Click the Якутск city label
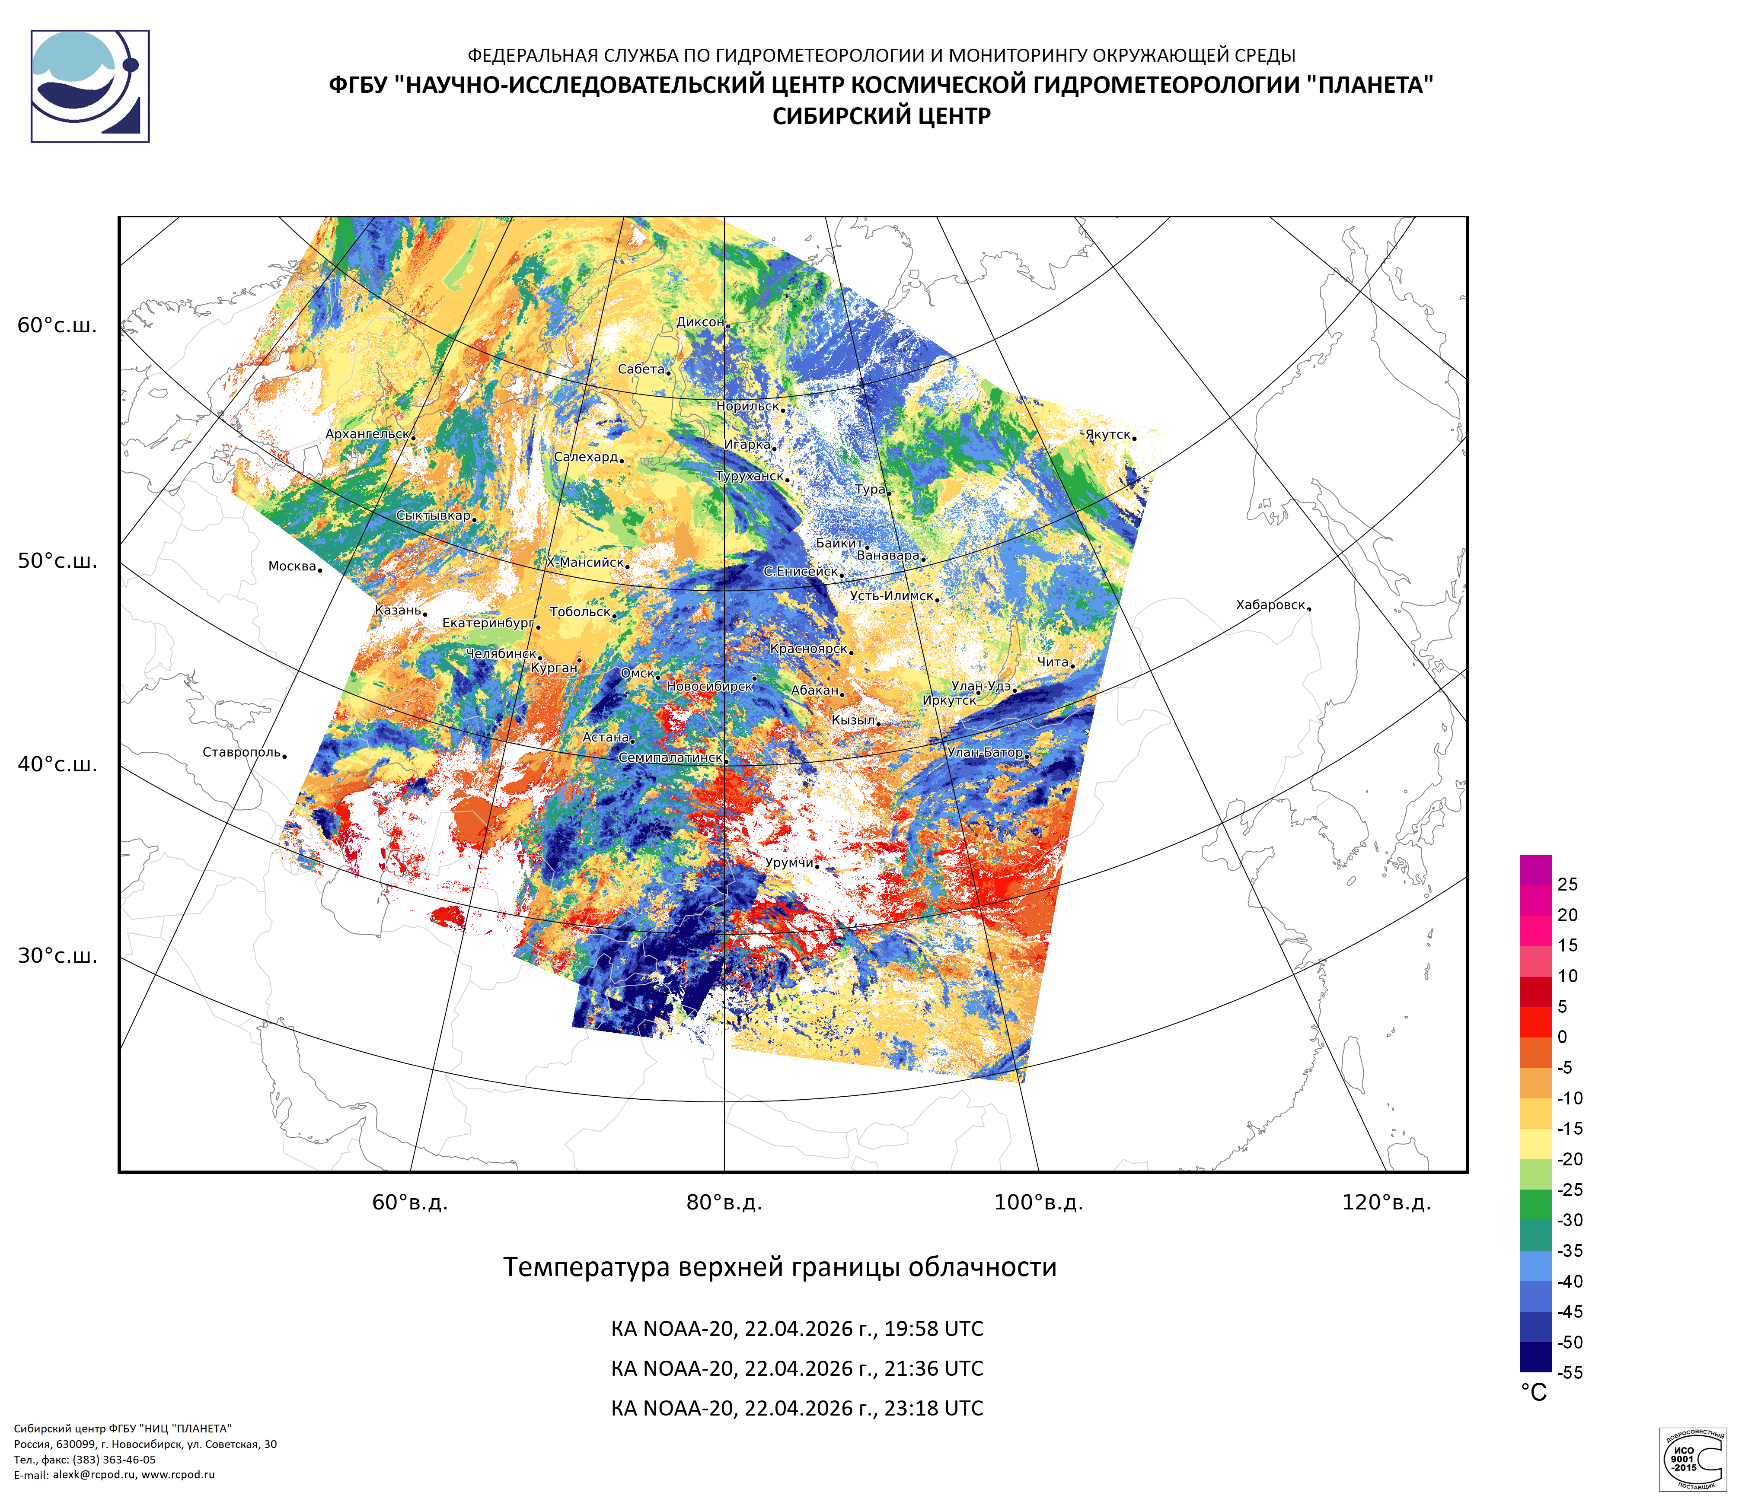[x=1107, y=434]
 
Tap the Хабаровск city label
[x=1270, y=605]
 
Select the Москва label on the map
[x=292, y=566]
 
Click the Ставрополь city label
[x=241, y=752]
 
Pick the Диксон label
[x=699, y=322]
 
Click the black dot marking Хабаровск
[x=1309, y=608]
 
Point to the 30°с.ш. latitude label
[x=57, y=955]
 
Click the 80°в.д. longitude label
[x=724, y=1203]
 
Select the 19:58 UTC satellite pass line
[x=796, y=1329]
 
